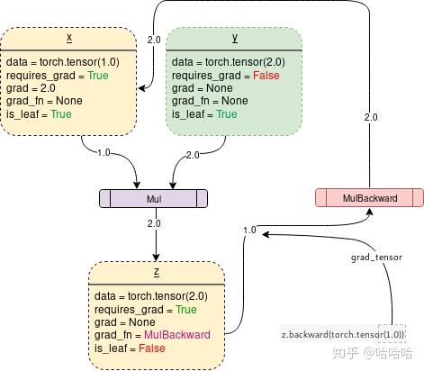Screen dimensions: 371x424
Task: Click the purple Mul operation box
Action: [x=152, y=198]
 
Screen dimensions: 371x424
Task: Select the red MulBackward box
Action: [x=370, y=198]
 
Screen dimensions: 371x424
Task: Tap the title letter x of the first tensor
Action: [x=70, y=39]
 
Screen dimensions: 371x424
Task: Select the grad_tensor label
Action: [x=376, y=257]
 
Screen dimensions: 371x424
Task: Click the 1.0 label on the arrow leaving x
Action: [x=103, y=153]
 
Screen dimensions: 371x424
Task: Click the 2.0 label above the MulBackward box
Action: [x=370, y=117]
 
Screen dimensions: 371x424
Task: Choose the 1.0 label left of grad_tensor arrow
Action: [x=250, y=231]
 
